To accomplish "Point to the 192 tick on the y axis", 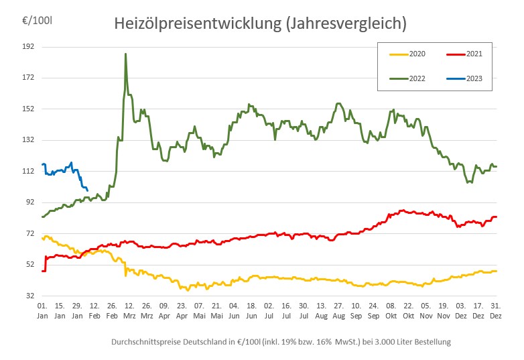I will pyautogui.click(x=28, y=47).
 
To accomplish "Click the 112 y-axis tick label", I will pyautogui.click(x=28, y=171).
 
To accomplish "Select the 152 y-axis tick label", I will pyautogui.click(x=28, y=109).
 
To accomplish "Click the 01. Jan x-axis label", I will pyautogui.click(x=42, y=310).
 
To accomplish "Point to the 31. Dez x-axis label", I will pyautogui.click(x=495, y=310).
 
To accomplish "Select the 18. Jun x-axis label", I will pyautogui.click(x=251, y=310).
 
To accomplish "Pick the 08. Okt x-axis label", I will pyautogui.click(x=391, y=310).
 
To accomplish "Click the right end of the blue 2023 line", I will pyautogui.click(x=87, y=190).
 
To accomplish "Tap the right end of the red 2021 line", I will pyautogui.click(x=496, y=217).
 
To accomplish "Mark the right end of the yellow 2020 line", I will pyautogui.click(x=496, y=271).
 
